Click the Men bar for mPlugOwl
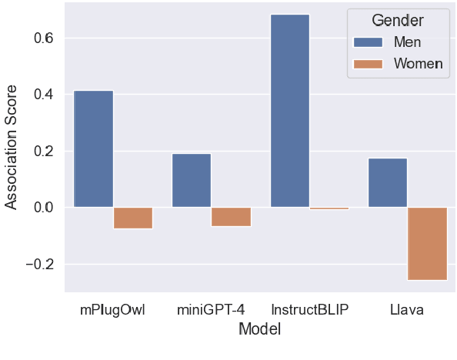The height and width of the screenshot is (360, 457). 93,149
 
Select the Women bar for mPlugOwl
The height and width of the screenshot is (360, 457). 133,218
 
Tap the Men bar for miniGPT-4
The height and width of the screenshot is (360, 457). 192,181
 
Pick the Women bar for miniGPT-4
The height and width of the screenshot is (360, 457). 232,216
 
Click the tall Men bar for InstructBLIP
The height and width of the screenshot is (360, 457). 290,111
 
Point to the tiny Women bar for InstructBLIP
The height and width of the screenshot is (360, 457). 329,208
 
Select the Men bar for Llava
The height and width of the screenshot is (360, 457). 388,183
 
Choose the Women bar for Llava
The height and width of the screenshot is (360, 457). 428,243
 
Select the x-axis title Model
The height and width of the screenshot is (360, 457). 259,329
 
